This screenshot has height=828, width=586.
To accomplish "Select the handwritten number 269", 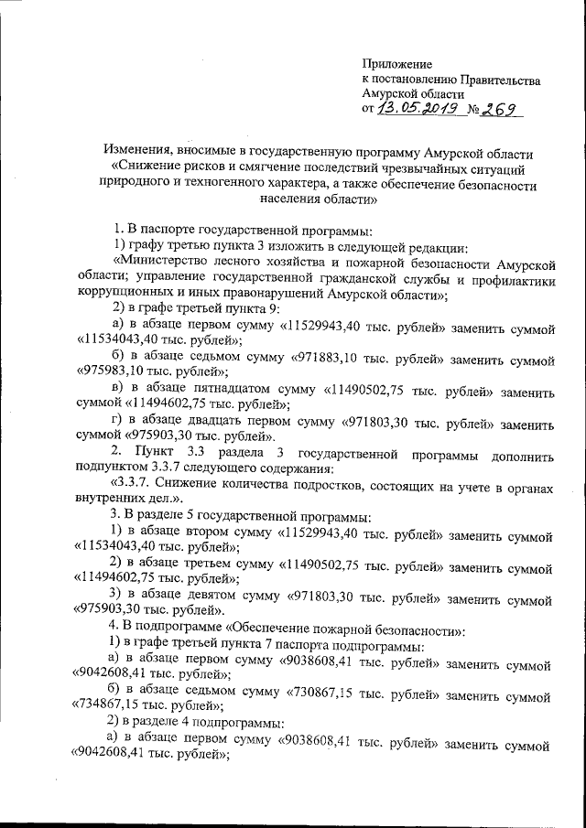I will click(x=501, y=111).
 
